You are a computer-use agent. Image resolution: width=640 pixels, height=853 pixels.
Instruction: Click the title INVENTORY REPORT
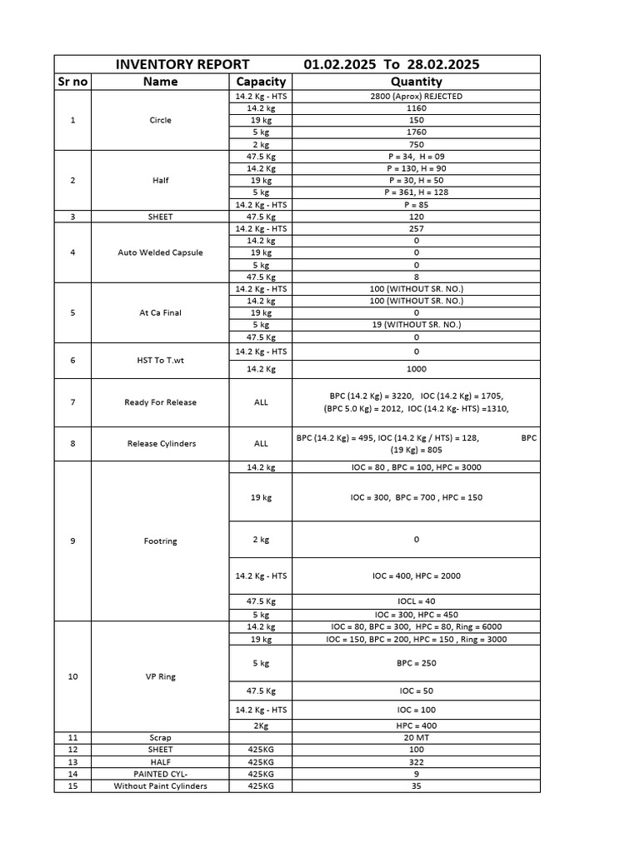(x=182, y=64)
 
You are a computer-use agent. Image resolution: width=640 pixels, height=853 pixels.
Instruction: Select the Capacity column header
(x=261, y=82)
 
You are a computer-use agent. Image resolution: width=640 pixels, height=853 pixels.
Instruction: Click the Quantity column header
(x=416, y=82)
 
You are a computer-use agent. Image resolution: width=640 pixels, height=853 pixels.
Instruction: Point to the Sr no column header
(x=72, y=82)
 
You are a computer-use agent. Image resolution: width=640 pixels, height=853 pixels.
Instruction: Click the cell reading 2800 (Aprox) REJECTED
(x=416, y=97)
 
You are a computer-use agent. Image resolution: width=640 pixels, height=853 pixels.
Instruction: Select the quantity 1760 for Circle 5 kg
(x=416, y=132)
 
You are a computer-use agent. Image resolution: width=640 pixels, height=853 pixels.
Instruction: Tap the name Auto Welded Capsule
(x=160, y=252)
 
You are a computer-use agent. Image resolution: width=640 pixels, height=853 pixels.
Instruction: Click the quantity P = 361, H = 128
(x=416, y=192)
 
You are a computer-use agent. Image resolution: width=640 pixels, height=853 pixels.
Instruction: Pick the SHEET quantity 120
(x=416, y=217)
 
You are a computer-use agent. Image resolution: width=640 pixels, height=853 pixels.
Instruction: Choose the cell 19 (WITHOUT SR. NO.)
(x=416, y=325)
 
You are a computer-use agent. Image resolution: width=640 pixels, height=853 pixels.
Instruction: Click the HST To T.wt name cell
(x=160, y=361)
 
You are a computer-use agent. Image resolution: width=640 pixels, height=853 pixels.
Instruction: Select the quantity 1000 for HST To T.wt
(x=416, y=369)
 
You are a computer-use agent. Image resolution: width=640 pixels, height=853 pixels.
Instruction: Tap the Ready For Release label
(x=160, y=402)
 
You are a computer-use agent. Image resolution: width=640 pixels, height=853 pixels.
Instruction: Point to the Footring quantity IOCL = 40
(x=416, y=601)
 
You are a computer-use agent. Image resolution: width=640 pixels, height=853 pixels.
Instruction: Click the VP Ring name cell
(x=160, y=676)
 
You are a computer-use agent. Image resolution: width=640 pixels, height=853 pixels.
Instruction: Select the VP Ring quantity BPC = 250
(x=416, y=663)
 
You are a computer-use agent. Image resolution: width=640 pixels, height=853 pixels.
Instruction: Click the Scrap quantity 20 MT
(x=416, y=738)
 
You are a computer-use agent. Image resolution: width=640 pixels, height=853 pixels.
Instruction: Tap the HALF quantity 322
(x=416, y=762)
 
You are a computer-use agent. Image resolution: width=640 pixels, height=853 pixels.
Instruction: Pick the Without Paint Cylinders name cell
(x=160, y=786)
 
